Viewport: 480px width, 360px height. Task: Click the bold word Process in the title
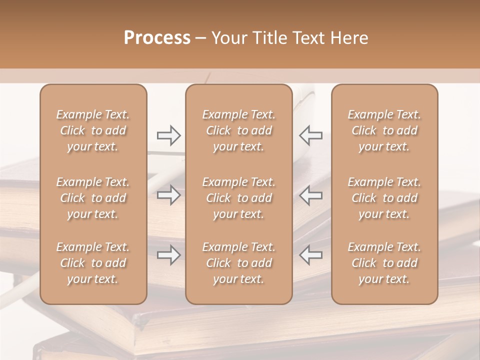157,38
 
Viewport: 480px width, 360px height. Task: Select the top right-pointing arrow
168,135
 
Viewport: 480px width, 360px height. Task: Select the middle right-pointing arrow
168,195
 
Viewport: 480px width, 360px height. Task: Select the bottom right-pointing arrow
168,255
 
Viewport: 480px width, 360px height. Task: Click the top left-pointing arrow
310,135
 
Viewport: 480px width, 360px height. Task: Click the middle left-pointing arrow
310,195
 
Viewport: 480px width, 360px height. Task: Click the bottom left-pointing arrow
310,255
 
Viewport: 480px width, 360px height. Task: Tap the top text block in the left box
93,130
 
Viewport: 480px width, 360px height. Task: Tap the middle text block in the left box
93,198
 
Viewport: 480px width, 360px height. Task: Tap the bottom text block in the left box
93,263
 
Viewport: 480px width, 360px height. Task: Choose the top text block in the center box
238,130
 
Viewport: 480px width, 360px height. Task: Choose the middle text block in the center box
238,198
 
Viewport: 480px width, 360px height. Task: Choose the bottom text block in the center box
238,263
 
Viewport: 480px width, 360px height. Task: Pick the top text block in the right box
384,130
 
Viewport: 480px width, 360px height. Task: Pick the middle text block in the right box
384,198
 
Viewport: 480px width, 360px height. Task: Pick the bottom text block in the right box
384,263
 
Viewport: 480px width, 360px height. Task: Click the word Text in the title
306,38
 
